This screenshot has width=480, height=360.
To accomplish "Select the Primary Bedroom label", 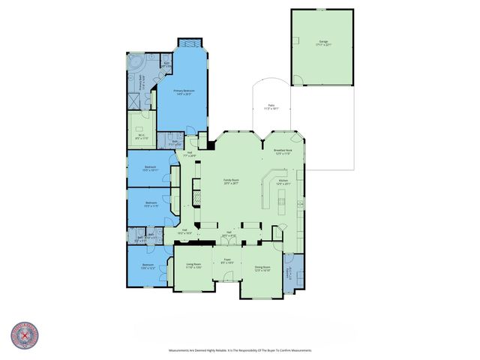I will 183,92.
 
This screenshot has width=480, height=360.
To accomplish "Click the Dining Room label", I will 262,268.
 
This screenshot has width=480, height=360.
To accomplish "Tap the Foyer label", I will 226,262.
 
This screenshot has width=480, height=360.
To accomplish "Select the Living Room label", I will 193,265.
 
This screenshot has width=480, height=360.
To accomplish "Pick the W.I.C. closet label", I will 140,136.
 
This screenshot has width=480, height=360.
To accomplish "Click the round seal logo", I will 25,335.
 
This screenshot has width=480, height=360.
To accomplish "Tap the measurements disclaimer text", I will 240,350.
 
